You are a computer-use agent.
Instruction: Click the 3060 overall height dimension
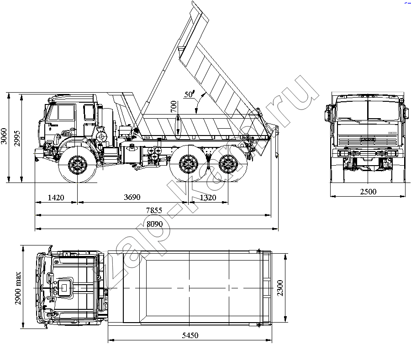4,136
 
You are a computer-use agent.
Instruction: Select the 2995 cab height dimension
17,138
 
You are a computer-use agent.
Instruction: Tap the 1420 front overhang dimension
56,198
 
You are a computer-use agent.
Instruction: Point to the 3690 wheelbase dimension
132,197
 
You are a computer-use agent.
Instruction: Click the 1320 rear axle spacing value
208,198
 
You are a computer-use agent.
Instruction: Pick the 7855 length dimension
154,210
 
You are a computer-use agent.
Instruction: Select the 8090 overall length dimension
155,224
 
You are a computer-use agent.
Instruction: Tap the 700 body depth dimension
174,107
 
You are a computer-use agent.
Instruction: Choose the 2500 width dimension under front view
368,192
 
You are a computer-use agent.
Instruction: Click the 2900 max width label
18,288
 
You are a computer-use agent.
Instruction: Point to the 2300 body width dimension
280,288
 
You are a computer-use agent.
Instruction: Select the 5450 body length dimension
190,335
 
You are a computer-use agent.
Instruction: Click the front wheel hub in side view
78,165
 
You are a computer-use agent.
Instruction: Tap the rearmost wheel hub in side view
228,164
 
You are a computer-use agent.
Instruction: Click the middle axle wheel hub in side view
188,164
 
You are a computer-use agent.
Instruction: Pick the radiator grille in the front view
368,140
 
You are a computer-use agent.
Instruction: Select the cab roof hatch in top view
64,288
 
